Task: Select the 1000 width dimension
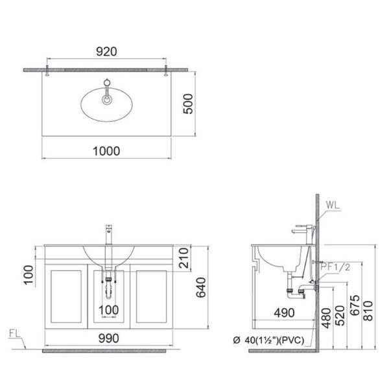pos(107,150)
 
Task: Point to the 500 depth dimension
pos(189,102)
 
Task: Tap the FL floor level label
pos(18,336)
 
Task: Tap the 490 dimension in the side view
pos(283,312)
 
